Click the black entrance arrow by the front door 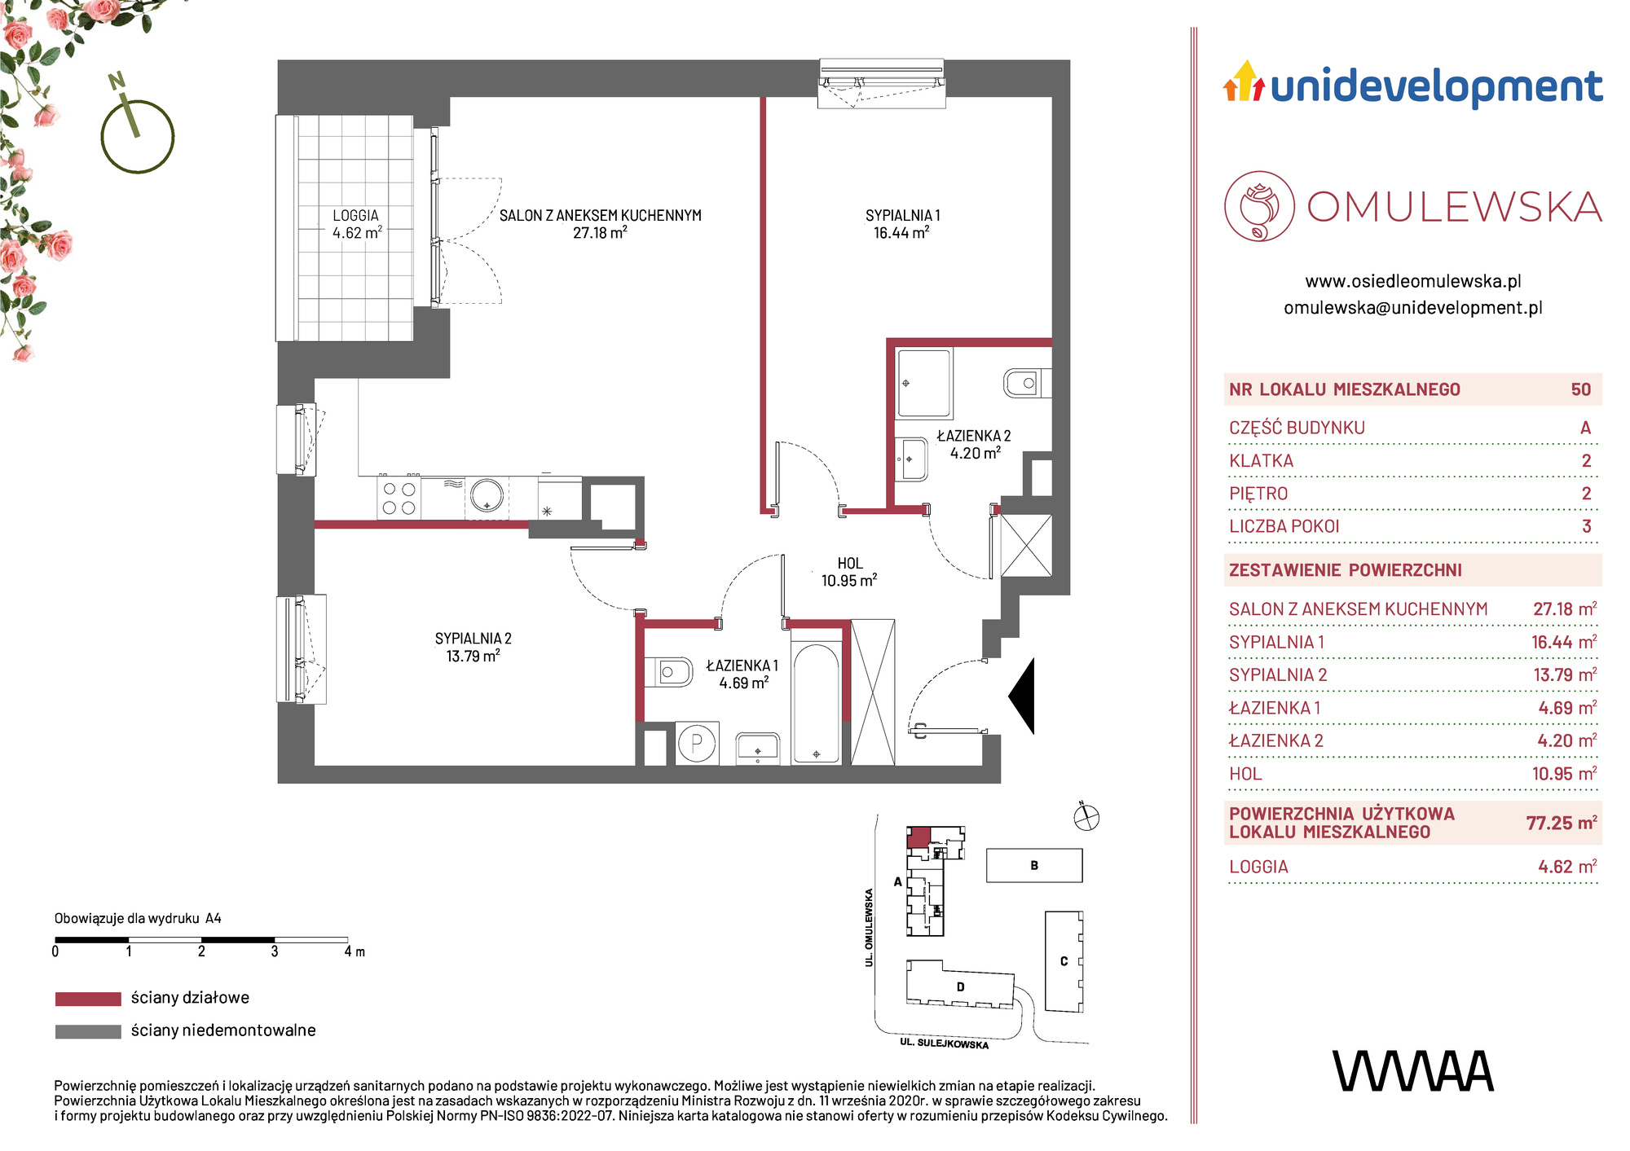point(1024,696)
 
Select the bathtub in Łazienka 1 point(816,703)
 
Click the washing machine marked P point(697,742)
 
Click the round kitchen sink point(487,495)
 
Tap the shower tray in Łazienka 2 point(924,383)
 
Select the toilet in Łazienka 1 point(668,672)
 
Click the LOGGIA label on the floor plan point(356,216)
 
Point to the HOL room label point(850,563)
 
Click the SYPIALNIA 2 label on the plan point(473,639)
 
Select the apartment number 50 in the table point(1580,389)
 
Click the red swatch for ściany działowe point(88,999)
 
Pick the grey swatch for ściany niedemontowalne point(88,1031)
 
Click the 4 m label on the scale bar point(355,951)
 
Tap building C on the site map point(1064,961)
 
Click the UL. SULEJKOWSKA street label point(945,1043)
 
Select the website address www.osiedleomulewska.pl point(1413,282)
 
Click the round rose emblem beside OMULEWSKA point(1259,206)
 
